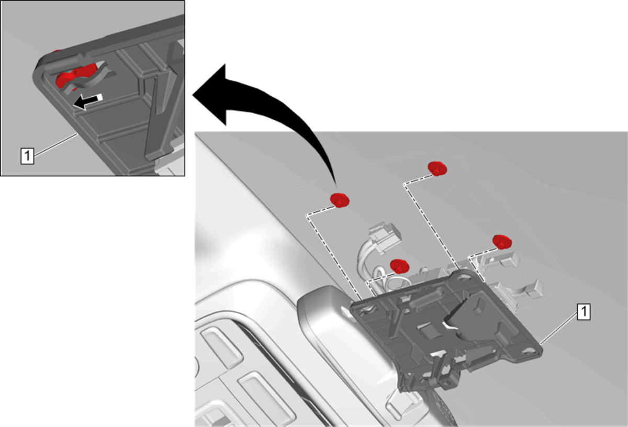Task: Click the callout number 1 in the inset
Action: (27, 156)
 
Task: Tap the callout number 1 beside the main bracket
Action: (584, 311)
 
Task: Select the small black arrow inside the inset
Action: (88, 102)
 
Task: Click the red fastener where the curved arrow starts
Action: (340, 200)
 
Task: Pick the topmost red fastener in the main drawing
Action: (438, 168)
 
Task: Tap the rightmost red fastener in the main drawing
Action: (502, 242)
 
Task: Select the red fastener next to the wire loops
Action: (400, 266)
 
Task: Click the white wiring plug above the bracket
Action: (385, 237)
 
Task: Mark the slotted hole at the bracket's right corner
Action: (528, 352)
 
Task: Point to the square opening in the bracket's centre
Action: (427, 332)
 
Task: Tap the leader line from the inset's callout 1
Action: (55, 144)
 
